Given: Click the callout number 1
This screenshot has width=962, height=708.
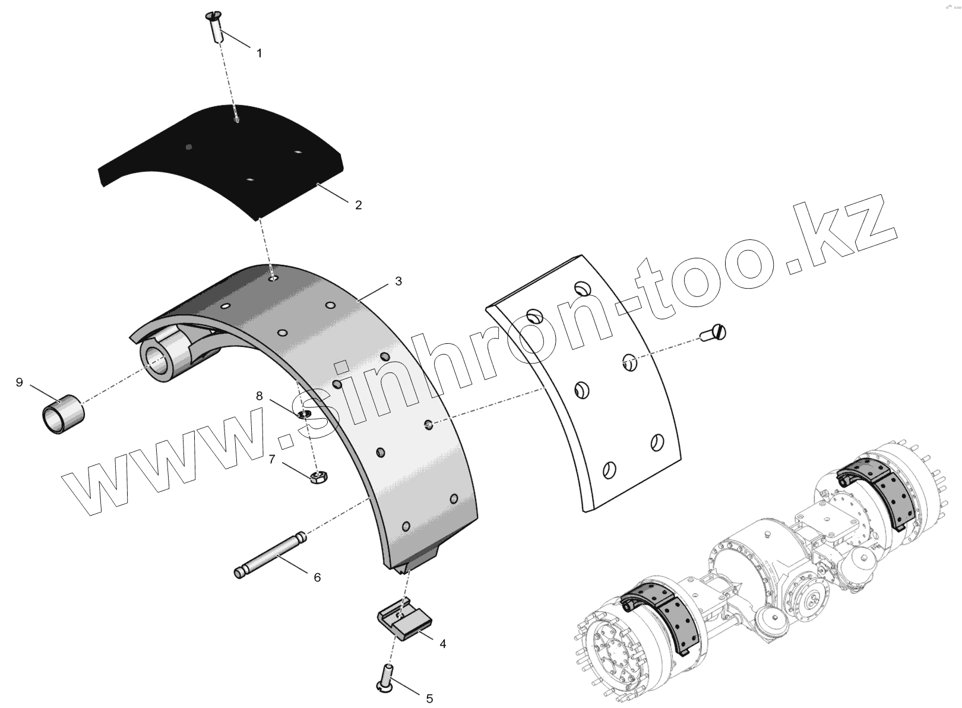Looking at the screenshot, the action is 259,53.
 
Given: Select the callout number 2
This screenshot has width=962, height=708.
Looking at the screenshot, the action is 358,205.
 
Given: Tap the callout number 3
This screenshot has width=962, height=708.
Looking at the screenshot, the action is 398,281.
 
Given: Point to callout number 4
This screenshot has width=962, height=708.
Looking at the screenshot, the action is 442,643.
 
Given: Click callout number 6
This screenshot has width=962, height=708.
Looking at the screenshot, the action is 317,577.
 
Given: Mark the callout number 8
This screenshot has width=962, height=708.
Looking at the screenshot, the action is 259,396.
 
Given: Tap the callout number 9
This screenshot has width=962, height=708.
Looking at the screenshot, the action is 19,382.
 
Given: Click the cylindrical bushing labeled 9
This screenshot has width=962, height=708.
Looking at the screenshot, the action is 62,414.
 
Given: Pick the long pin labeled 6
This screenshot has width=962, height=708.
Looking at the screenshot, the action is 271,556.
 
